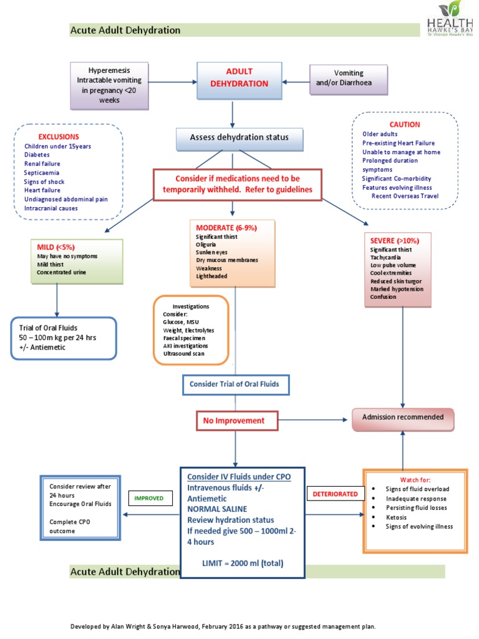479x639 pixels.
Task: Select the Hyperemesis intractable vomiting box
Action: coord(109,84)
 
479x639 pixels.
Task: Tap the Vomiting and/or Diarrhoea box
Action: coord(348,78)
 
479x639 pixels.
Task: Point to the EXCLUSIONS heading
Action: coord(59,136)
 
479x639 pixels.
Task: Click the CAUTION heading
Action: coord(405,124)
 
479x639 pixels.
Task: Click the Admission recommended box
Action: coord(402,417)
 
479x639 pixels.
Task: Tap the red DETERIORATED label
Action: coord(335,494)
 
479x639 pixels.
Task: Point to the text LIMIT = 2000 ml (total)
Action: coord(242,563)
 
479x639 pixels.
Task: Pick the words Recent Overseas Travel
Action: coord(405,196)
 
